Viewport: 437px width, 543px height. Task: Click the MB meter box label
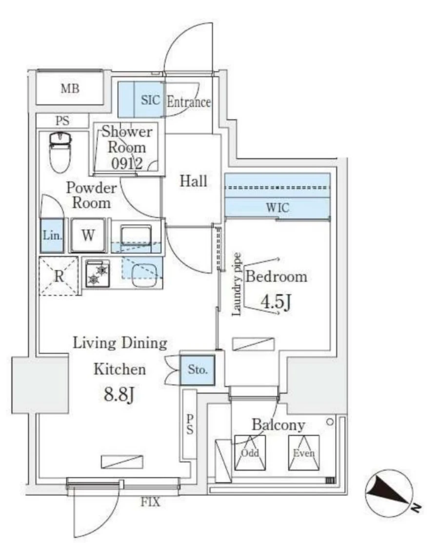70,89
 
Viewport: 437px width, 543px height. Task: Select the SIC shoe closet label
150,100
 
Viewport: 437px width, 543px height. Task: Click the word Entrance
189,102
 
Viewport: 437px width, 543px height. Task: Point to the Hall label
194,181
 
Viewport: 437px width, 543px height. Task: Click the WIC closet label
277,208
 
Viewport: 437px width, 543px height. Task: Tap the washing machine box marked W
88,235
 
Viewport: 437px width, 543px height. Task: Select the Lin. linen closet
52,235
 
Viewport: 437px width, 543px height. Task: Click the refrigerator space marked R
59,276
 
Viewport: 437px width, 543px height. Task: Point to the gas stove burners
98,274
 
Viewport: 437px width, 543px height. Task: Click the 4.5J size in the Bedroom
276,302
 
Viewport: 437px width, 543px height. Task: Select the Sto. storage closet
198,369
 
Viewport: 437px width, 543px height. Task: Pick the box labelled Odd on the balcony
250,453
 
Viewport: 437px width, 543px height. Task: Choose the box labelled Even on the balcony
303,453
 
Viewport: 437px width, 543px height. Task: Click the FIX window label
151,502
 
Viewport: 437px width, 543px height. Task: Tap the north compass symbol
390,495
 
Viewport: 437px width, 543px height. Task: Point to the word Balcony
278,425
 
